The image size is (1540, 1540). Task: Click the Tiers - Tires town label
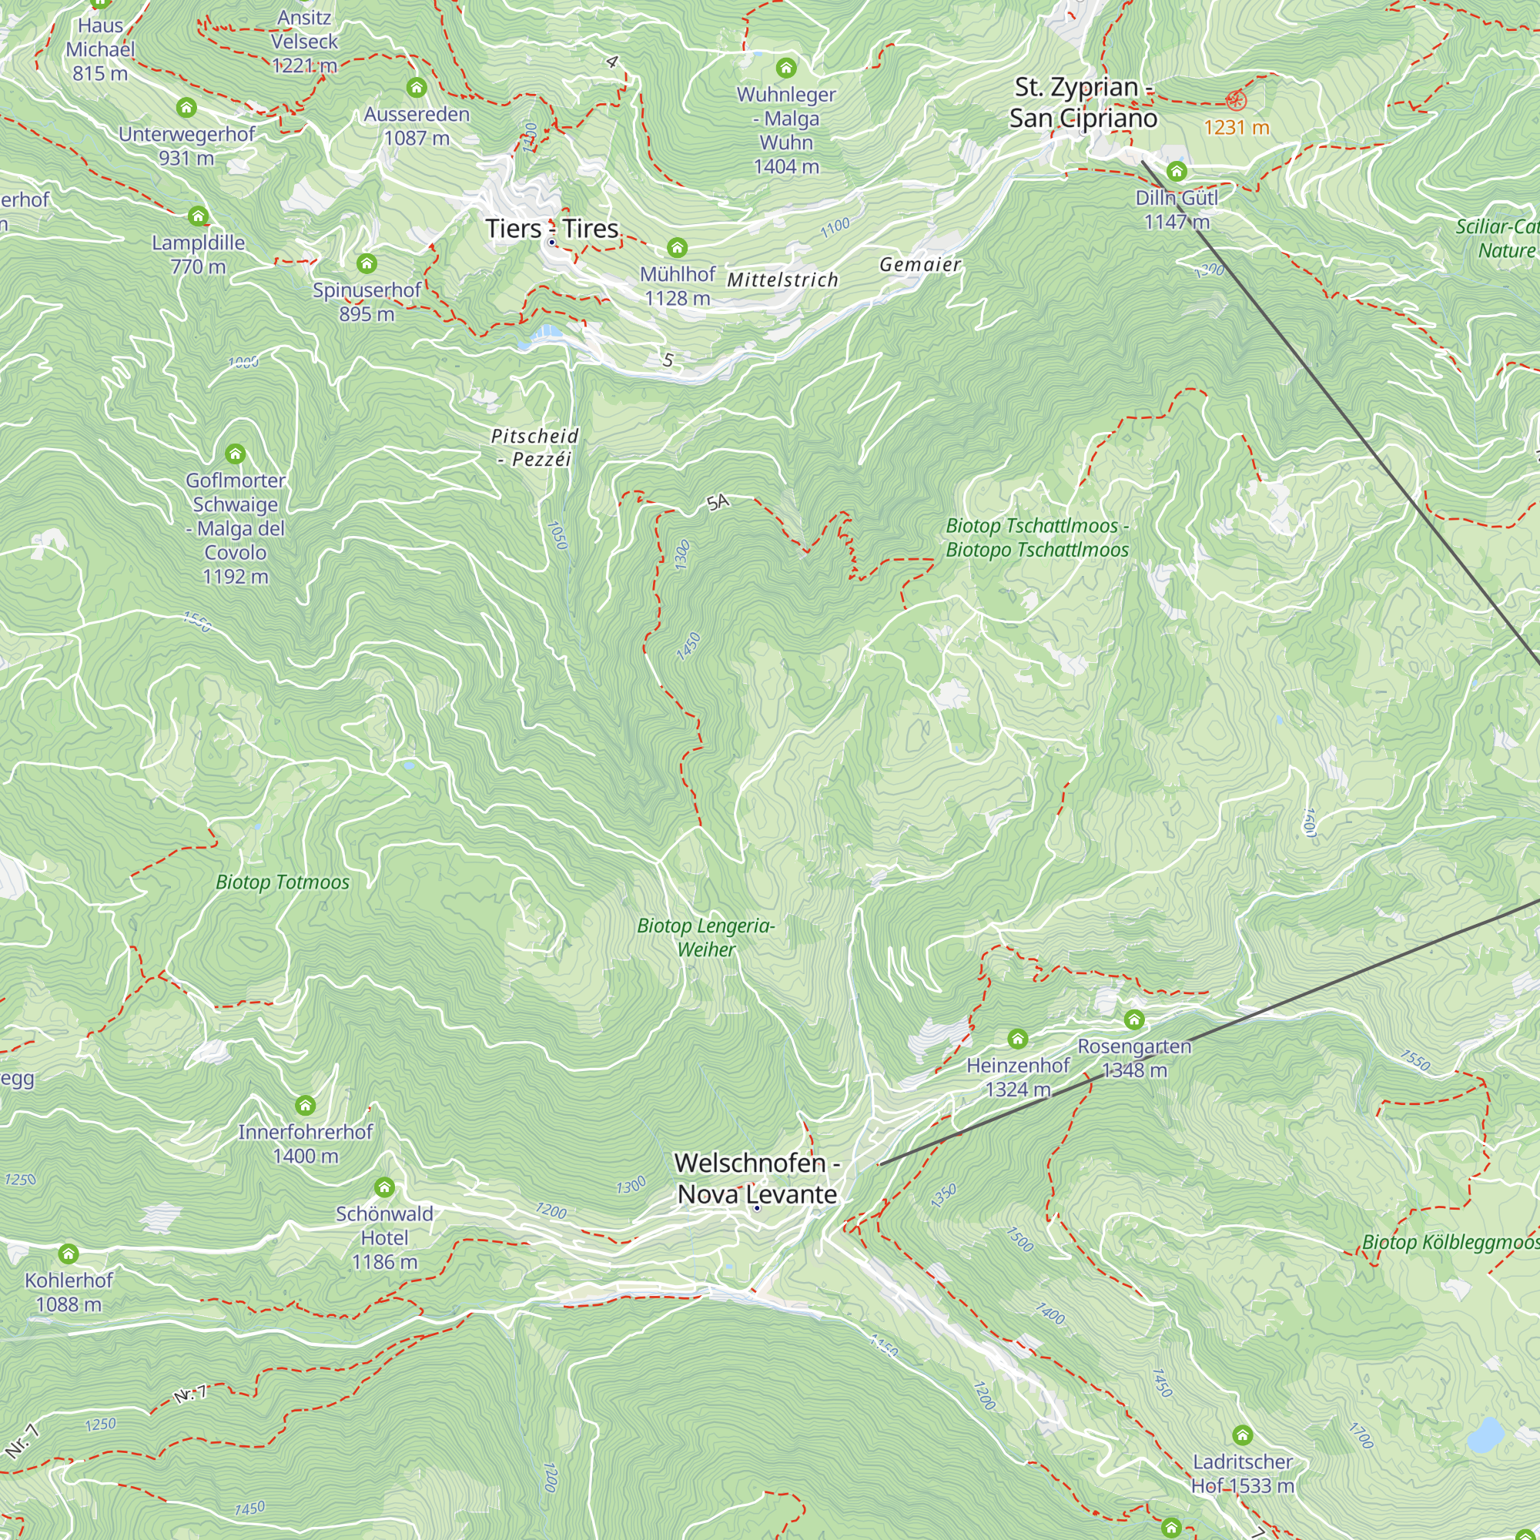click(x=551, y=229)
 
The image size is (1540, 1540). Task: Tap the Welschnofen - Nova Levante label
click(x=756, y=1178)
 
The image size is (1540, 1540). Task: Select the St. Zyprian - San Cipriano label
click(x=1083, y=102)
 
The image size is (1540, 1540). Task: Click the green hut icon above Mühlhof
click(x=677, y=248)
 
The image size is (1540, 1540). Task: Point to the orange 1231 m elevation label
click(x=1236, y=128)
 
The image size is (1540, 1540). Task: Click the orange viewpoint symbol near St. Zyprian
click(x=1236, y=99)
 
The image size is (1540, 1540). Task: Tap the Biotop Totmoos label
click(x=282, y=882)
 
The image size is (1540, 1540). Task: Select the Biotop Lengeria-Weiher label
click(x=706, y=937)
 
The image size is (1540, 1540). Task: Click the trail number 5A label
click(x=718, y=501)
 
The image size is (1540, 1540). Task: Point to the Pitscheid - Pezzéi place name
click(x=535, y=447)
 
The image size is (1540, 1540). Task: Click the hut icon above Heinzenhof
click(x=1017, y=1039)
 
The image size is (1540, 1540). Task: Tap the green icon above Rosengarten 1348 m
click(x=1133, y=1019)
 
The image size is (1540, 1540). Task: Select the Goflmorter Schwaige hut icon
click(x=234, y=454)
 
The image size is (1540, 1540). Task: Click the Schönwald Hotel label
click(x=384, y=1237)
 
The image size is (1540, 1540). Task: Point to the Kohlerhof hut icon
click(x=69, y=1254)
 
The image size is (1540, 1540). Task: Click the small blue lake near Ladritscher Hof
click(x=1485, y=1435)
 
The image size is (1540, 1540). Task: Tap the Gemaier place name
click(x=920, y=265)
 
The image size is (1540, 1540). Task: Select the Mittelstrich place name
click(x=782, y=280)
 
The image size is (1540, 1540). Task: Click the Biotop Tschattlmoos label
click(x=1036, y=537)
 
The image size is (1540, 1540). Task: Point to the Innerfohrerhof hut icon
click(x=305, y=1106)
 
